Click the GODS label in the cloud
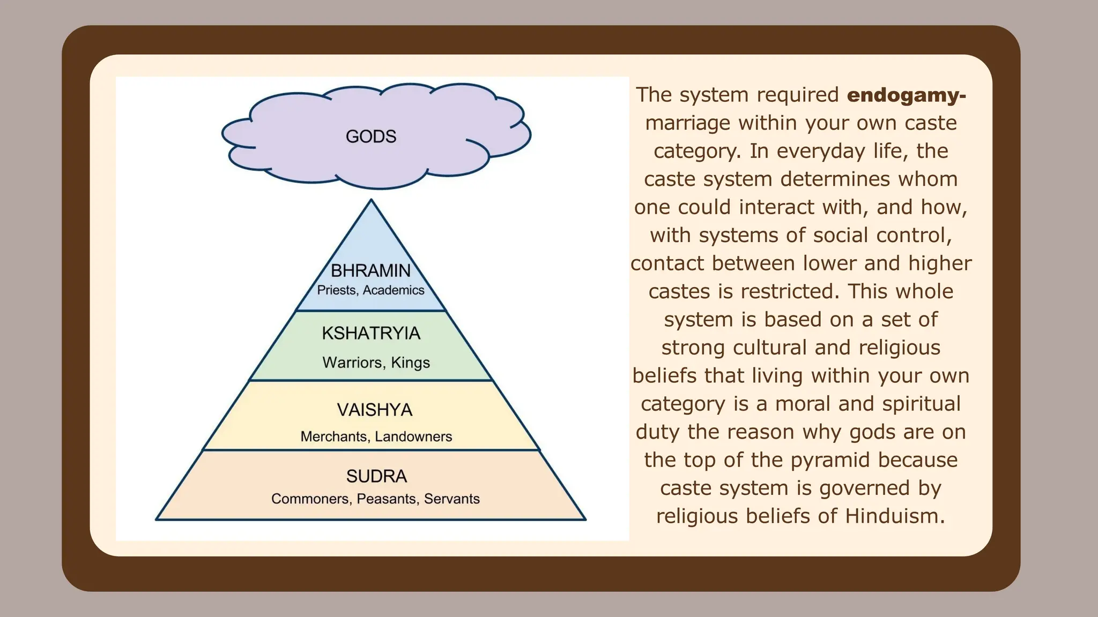click(x=371, y=137)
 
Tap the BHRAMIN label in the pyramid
click(x=370, y=270)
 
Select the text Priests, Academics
click(x=370, y=290)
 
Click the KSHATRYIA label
click(x=371, y=333)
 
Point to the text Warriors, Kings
click(x=376, y=363)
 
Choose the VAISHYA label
click(x=375, y=410)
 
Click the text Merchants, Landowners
click(x=376, y=437)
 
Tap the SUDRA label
click(x=376, y=476)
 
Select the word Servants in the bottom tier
click(x=451, y=499)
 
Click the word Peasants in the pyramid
click(x=387, y=499)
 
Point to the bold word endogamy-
click(x=907, y=95)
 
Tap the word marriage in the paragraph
click(x=687, y=123)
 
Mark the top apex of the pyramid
click(x=371, y=200)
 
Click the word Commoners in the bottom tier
click(x=310, y=499)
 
